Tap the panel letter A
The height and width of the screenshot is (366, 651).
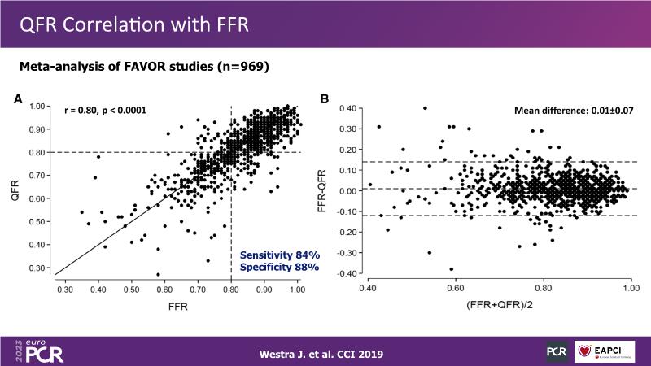point(18,99)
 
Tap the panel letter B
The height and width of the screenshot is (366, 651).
point(325,99)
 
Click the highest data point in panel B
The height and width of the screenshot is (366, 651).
point(425,107)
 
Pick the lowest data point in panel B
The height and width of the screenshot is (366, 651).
point(451,269)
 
